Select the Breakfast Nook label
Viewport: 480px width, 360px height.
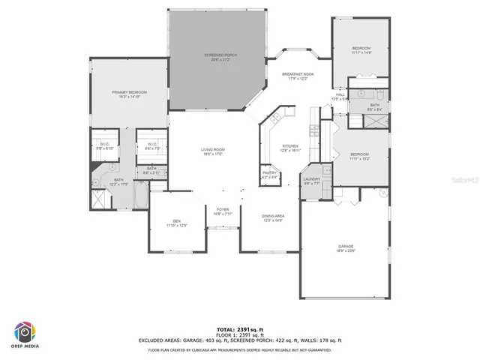(298, 74)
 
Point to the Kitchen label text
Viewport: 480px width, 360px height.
(290, 145)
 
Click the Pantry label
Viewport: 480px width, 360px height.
(269, 173)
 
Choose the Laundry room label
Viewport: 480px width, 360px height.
(312, 178)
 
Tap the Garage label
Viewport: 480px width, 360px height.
(345, 246)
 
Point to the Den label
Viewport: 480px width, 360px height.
(177, 220)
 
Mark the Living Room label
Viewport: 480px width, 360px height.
(213, 150)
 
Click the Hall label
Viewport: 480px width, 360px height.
(339, 94)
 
